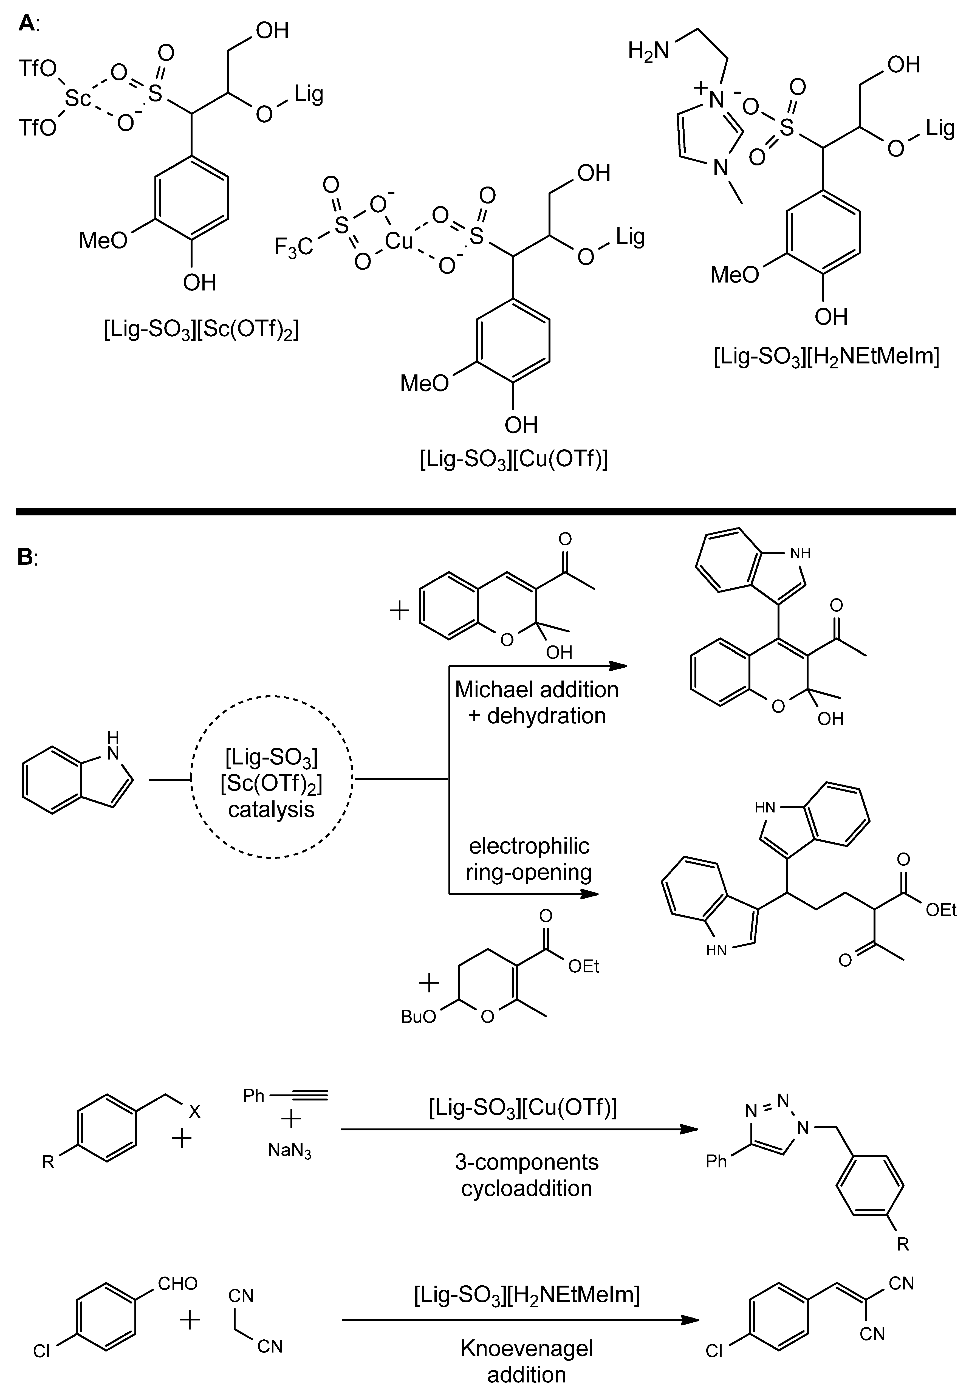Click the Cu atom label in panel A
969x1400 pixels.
point(399,242)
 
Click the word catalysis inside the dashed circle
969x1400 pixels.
point(272,810)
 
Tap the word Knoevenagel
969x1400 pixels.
point(526,1348)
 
